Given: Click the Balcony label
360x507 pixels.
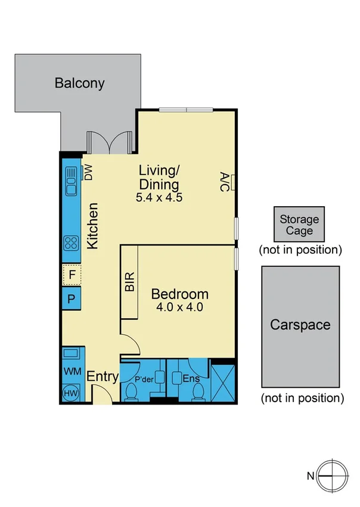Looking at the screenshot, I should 79,83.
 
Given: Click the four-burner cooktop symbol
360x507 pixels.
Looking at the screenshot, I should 71,242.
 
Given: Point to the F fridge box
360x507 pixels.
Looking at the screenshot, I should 72,275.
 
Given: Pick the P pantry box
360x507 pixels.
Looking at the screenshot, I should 72,298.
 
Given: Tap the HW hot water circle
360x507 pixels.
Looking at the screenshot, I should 70,393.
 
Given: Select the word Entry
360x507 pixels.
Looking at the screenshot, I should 103,377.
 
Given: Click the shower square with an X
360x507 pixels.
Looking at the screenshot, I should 224,383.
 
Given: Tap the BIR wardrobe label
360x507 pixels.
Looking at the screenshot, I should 129,282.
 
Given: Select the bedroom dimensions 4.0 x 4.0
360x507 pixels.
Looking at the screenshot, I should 179,308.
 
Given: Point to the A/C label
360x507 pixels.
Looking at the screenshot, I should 224,182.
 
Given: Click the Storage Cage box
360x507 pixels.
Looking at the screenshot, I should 300,225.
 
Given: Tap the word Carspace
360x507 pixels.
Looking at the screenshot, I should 300,325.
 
